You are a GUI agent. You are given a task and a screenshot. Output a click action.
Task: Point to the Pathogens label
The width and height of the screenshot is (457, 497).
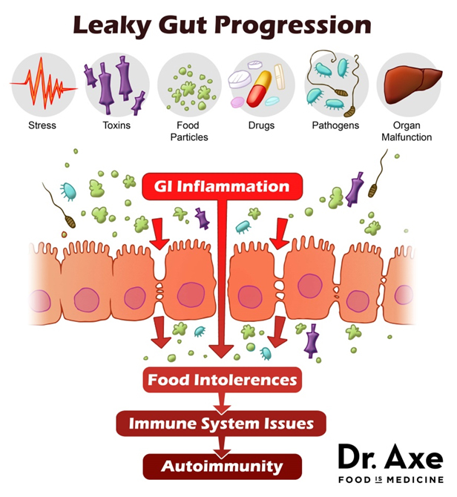(x=335, y=125)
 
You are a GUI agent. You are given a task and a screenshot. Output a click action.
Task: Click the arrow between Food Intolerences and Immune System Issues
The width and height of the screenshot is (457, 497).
(x=220, y=402)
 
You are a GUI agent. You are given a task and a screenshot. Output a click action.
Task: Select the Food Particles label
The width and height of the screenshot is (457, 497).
(x=188, y=131)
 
